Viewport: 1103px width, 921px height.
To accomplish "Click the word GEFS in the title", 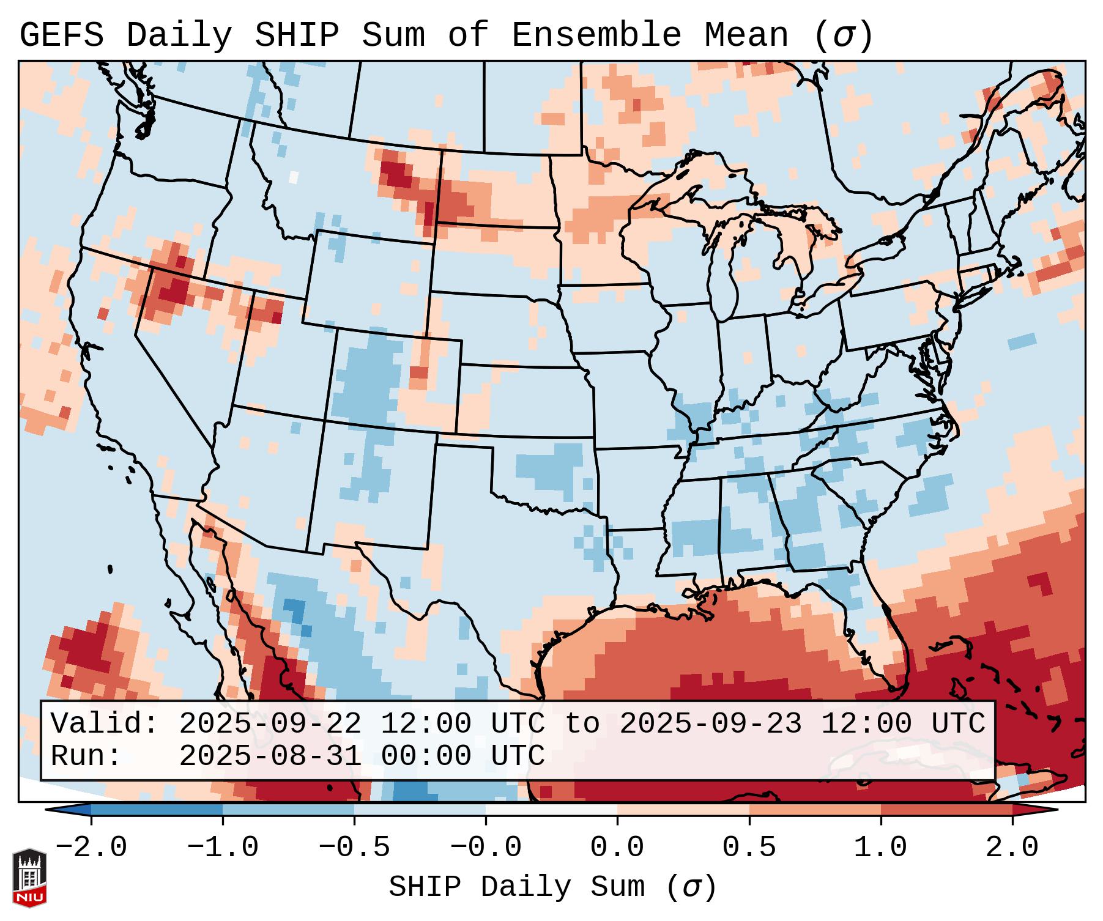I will (x=61, y=35).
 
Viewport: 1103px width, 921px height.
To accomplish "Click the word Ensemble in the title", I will (x=596, y=35).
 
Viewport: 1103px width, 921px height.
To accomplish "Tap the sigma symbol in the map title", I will (x=843, y=35).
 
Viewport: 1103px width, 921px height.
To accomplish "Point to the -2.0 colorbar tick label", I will (x=91, y=848).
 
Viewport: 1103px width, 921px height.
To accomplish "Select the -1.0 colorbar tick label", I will (x=223, y=848).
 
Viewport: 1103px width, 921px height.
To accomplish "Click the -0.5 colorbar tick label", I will (x=354, y=848).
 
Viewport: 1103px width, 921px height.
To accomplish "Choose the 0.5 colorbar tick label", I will (x=749, y=848).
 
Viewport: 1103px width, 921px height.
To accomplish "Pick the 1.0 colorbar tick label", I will (x=880, y=848).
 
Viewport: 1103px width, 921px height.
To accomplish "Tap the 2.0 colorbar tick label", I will (x=1012, y=848).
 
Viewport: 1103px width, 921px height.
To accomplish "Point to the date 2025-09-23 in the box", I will (x=710, y=724).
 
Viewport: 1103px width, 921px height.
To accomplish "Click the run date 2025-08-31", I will (x=269, y=756).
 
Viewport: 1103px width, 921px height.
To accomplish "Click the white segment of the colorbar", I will (x=551, y=810).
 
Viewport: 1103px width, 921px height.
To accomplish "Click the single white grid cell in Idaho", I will (x=293, y=177).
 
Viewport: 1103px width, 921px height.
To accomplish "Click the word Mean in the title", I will (x=746, y=35).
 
